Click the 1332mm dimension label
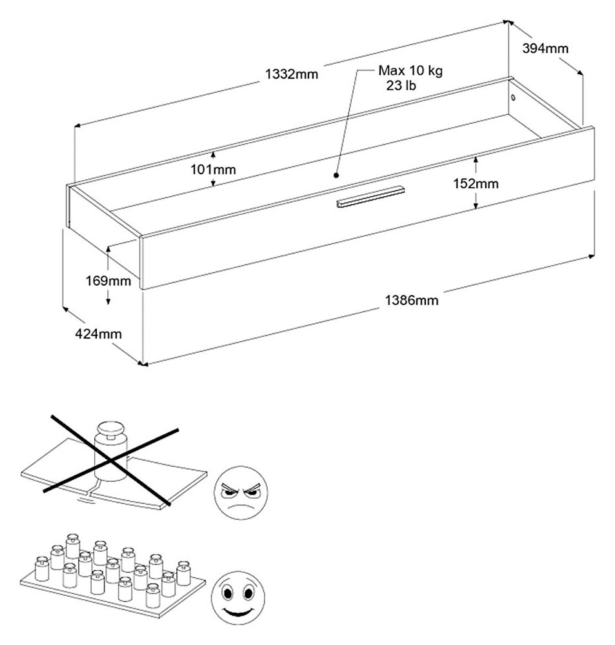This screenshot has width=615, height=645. [x=292, y=74]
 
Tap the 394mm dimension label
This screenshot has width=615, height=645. [x=545, y=48]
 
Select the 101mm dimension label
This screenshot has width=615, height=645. [x=213, y=170]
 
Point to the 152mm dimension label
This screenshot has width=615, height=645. [x=476, y=183]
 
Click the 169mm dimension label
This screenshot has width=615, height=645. [x=108, y=281]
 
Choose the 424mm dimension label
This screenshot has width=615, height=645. [x=98, y=333]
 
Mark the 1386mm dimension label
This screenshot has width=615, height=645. [x=412, y=301]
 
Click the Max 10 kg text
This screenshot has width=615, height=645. [x=410, y=71]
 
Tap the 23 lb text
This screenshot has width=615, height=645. [x=401, y=86]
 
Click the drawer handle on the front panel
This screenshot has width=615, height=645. [x=370, y=197]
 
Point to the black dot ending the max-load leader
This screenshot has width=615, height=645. [x=336, y=175]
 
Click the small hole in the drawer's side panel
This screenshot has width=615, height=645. [x=513, y=98]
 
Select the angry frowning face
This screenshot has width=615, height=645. [x=241, y=492]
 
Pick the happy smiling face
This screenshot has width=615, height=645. [x=238, y=598]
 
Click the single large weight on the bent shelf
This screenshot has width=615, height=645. [x=111, y=450]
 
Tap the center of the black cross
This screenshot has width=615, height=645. [x=110, y=461]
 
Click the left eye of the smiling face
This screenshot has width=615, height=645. [x=228, y=593]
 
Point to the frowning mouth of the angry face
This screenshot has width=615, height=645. [x=241, y=507]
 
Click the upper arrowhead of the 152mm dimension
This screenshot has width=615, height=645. [x=476, y=159]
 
